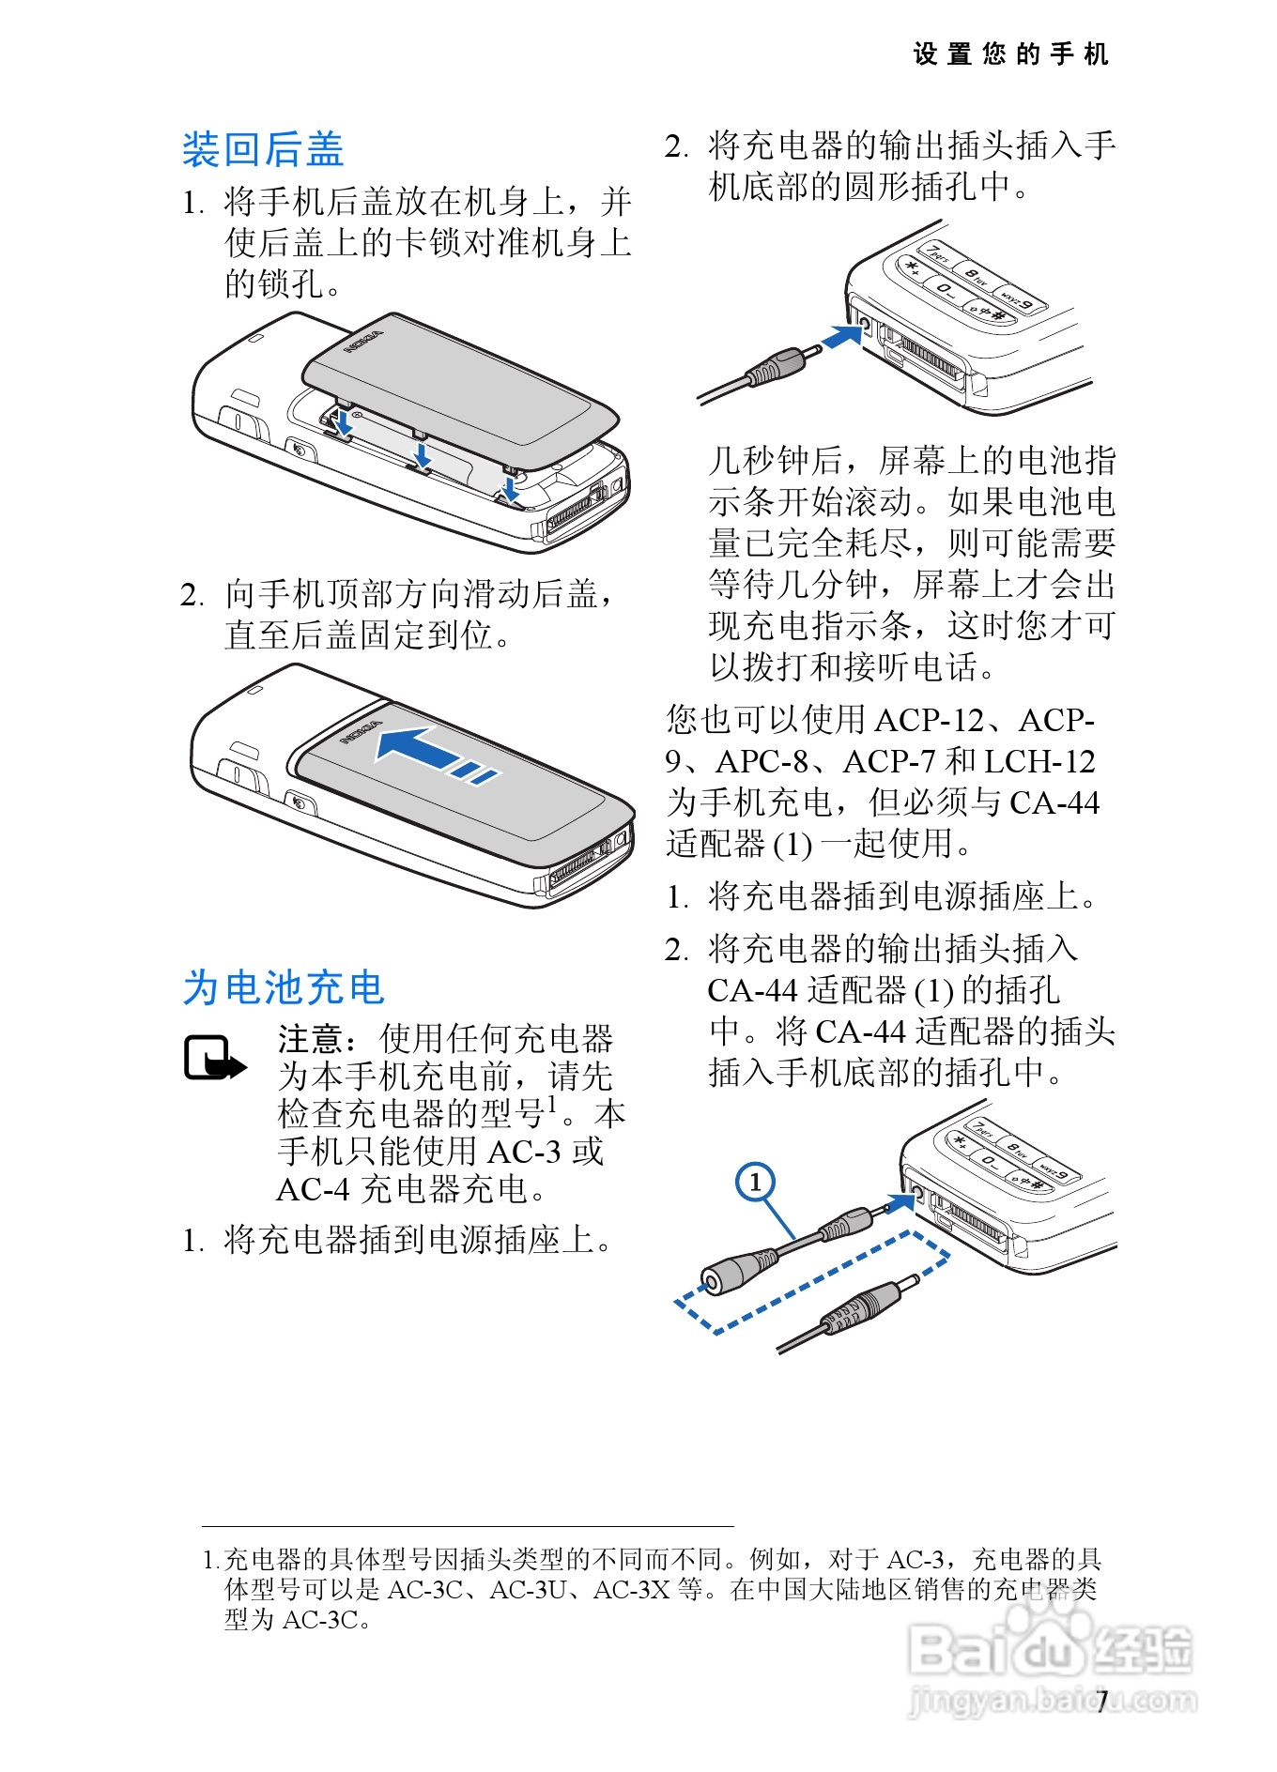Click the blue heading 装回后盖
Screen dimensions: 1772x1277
coord(263,150)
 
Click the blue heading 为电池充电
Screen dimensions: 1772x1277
coord(284,988)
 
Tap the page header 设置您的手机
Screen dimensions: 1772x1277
coord(1010,54)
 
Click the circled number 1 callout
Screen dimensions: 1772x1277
coord(755,1182)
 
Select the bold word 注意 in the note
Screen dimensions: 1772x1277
coord(311,1040)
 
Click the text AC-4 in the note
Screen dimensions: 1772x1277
coord(313,1190)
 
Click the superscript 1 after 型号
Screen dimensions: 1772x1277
coord(552,1103)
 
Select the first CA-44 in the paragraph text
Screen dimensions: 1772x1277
coord(1054,802)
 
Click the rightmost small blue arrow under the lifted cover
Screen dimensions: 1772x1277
coord(510,488)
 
